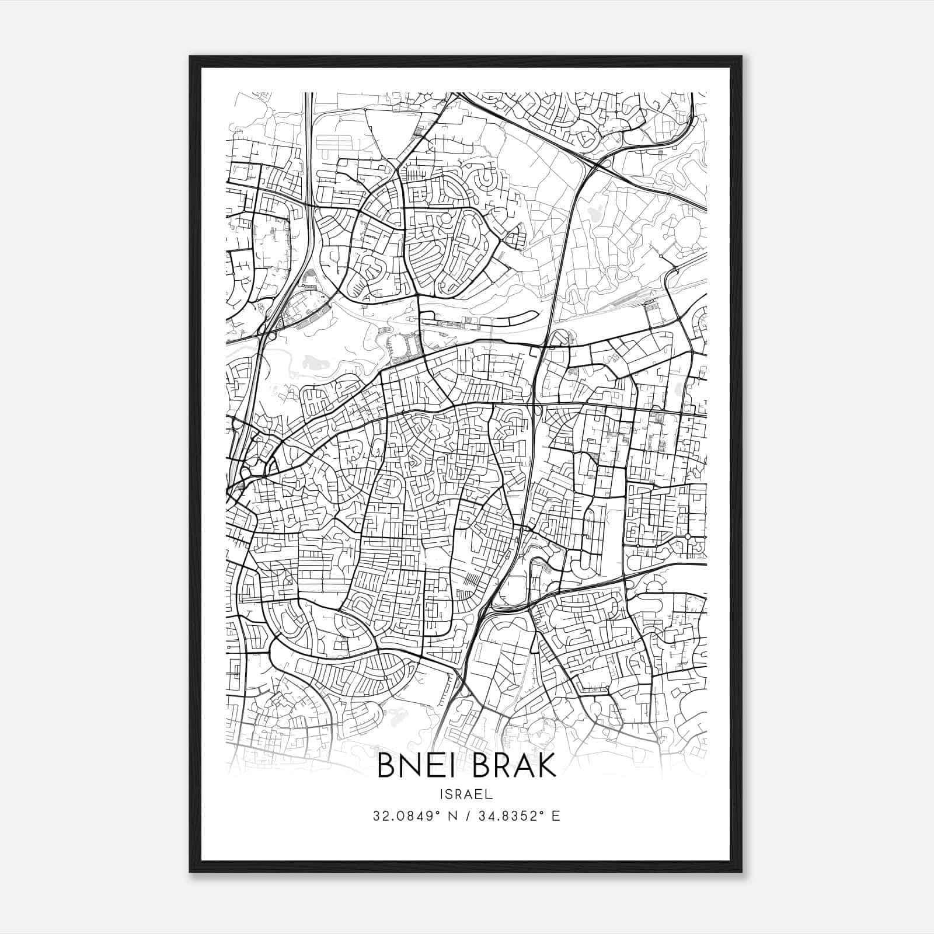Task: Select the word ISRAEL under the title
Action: (x=466, y=794)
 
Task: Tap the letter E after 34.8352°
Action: (x=556, y=816)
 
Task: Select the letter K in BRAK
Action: (x=546, y=766)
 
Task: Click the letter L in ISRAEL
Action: (x=490, y=794)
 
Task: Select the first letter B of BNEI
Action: (x=387, y=766)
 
